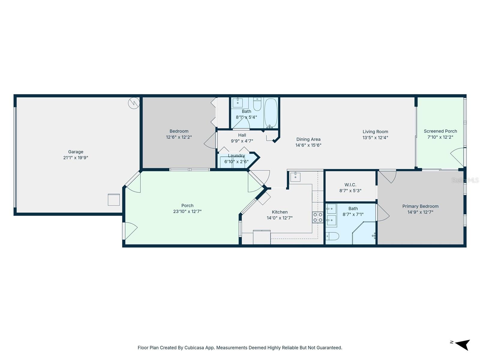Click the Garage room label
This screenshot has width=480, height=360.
tap(76, 152)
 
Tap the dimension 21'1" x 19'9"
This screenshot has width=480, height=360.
tap(76, 158)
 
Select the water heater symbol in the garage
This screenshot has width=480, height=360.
tap(133, 103)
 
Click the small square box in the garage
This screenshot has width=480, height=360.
tap(114, 200)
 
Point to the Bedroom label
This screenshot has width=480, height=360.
tap(179, 131)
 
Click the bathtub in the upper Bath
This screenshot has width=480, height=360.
tap(271, 113)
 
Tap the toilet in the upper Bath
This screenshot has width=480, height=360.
tap(257, 104)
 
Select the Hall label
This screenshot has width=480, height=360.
tap(242, 135)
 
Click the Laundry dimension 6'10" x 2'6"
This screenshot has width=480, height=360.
tap(236, 162)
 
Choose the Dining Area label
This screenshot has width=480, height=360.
tap(308, 139)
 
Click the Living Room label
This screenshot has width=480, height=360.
tap(375, 132)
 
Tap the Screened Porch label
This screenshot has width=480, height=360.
tap(440, 131)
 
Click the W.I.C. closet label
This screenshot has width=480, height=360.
tap(350, 185)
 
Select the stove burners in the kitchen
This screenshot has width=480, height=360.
tap(318, 217)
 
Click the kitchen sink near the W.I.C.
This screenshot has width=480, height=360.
tap(295, 177)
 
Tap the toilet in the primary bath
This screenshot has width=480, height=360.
tap(332, 236)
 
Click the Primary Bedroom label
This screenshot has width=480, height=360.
tap(420, 206)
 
